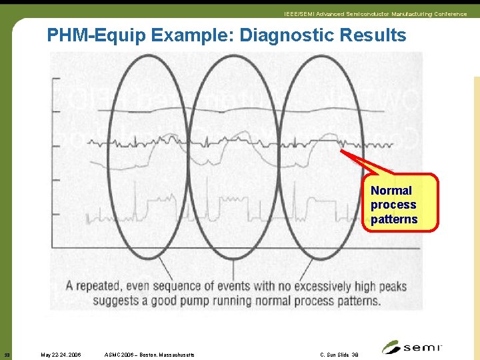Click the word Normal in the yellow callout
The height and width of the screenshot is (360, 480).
(391, 191)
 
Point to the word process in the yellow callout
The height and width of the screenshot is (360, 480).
(393, 205)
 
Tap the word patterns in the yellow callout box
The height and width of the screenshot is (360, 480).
(394, 219)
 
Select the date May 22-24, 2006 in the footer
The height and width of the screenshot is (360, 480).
(61, 355)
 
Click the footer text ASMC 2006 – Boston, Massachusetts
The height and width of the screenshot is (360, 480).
(150, 355)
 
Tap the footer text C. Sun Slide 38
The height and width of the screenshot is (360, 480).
(339, 355)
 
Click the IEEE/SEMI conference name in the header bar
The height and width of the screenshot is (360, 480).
(375, 14)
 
